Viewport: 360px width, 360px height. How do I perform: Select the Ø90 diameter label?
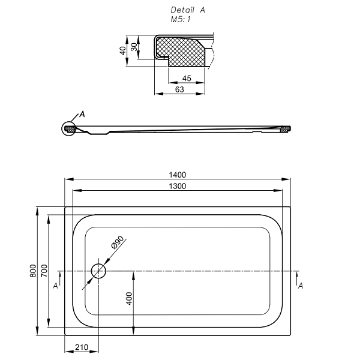(x=117, y=244)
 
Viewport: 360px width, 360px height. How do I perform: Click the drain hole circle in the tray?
(x=98, y=271)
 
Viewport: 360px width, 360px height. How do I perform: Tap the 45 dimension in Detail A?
(x=186, y=79)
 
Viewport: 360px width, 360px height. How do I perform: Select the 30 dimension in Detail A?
(x=134, y=47)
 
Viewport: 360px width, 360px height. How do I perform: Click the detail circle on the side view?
(x=70, y=128)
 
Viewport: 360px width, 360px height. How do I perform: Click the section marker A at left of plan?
(x=55, y=286)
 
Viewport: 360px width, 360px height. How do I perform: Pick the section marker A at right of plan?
(x=301, y=286)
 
